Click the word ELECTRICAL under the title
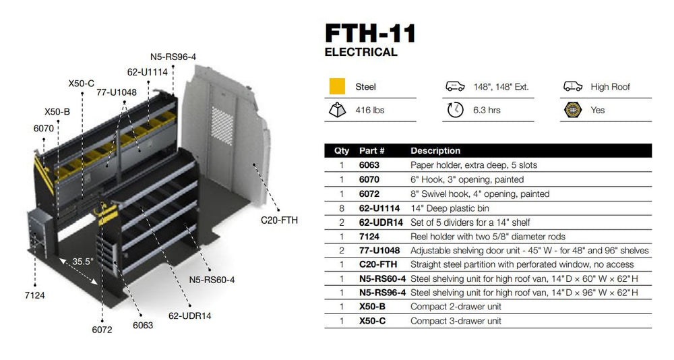(x=361, y=52)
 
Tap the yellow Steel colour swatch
(x=337, y=86)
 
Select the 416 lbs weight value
(x=369, y=110)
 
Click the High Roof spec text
(x=610, y=87)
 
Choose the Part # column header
(x=371, y=150)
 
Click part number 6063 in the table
(x=369, y=165)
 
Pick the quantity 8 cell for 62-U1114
(x=342, y=208)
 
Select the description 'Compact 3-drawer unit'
(x=456, y=321)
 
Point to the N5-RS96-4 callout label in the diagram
(x=173, y=57)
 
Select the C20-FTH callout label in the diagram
(x=279, y=220)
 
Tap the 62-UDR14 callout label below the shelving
(x=189, y=315)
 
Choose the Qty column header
(x=342, y=150)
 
